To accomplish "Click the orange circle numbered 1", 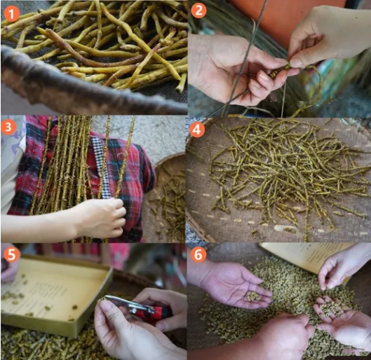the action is (11, 13).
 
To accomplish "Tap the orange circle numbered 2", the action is (198, 11).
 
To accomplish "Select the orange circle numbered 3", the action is (8, 127).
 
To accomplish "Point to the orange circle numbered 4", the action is (197, 129).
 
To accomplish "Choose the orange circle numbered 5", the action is (11, 254).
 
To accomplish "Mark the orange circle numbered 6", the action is (198, 254).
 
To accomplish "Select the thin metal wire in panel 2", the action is (246, 58).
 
